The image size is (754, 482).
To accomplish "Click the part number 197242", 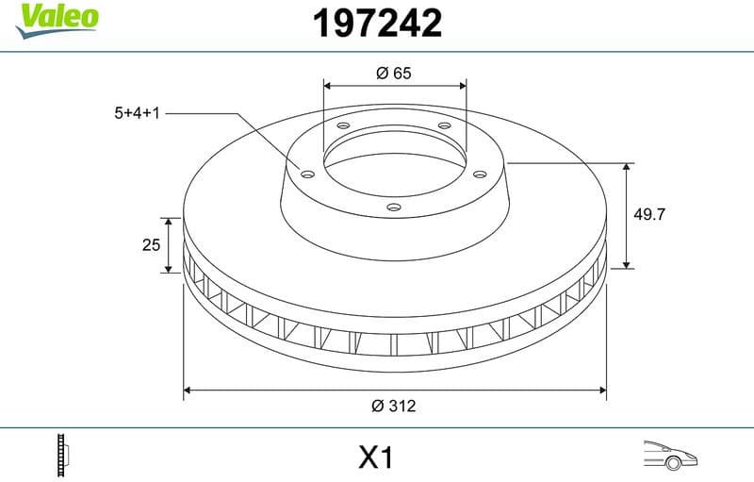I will [376, 24].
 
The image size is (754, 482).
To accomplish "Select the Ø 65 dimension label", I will [394, 73].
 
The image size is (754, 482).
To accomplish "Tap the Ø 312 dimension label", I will [394, 406].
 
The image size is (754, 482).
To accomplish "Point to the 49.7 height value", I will [649, 214].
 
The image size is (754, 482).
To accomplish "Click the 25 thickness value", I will [150, 245].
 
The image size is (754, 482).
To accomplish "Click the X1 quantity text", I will [375, 458].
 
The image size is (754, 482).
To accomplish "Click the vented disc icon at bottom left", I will [63, 456].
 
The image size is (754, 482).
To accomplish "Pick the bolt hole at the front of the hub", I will [395, 208].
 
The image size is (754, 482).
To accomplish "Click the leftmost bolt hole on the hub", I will [307, 173].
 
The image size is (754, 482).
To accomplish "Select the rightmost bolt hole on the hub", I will [480, 174].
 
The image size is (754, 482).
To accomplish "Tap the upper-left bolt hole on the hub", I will [343, 127].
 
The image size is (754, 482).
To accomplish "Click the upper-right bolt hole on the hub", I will [443, 129].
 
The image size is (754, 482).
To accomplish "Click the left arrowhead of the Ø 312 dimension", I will [188, 388].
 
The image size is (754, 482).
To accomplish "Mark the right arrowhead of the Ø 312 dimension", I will [601, 388].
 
